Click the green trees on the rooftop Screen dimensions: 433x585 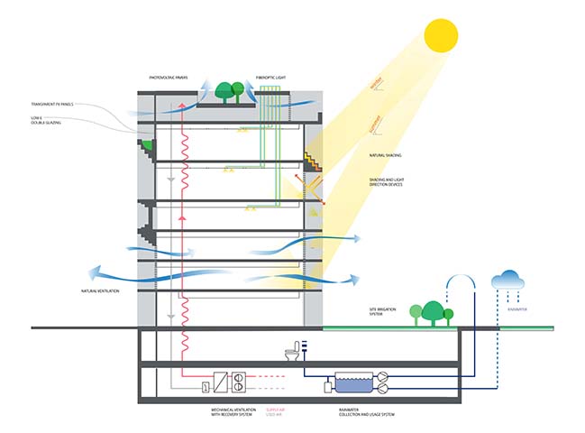click(x=236, y=89)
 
